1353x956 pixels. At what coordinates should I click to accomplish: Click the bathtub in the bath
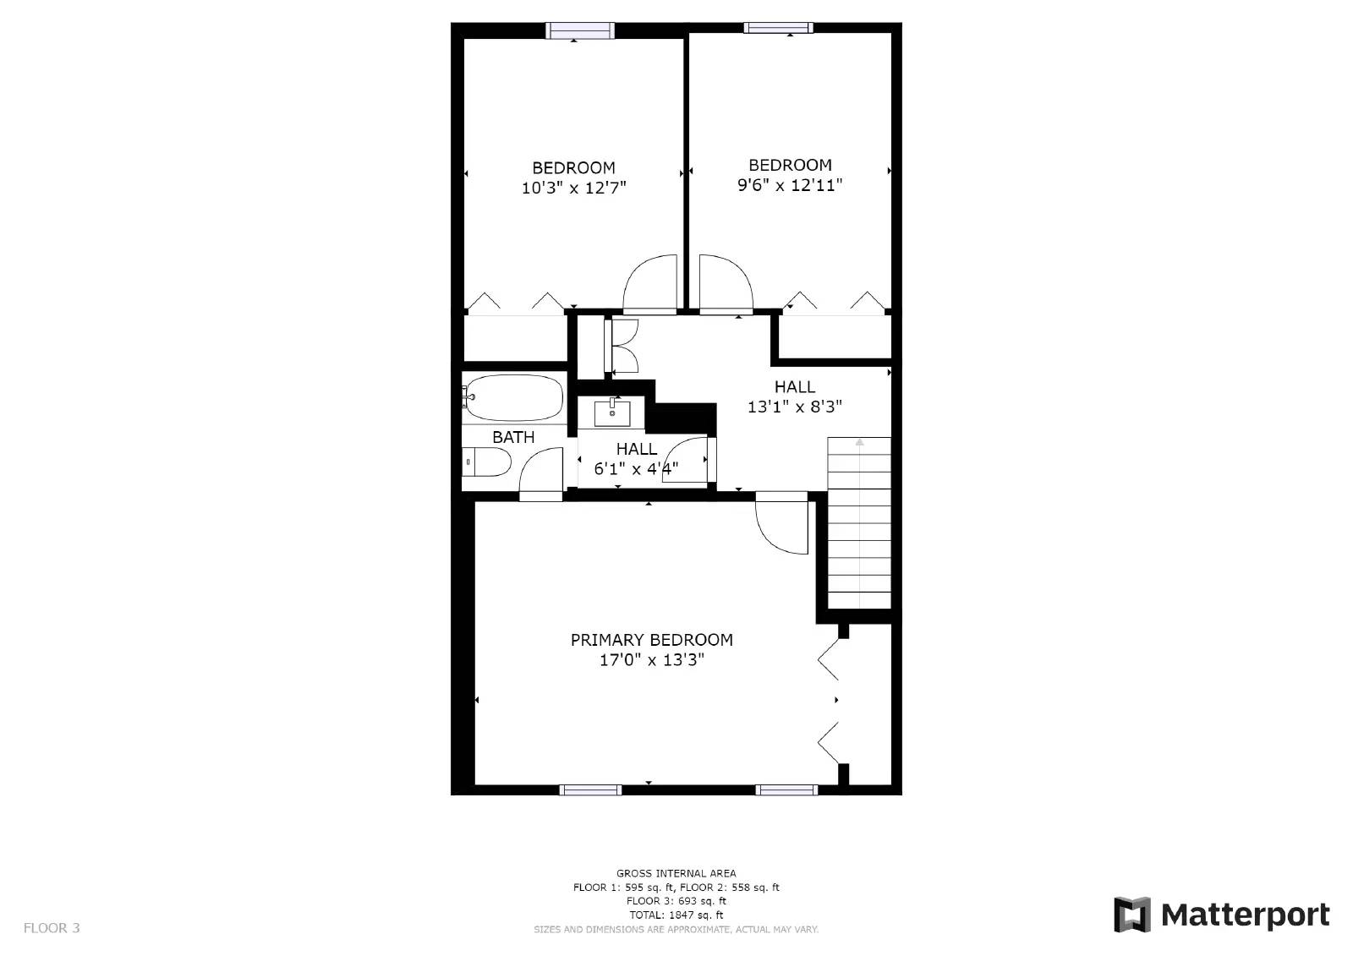513,398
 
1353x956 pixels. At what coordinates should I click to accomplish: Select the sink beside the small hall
611,413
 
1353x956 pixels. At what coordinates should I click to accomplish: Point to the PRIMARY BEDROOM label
651,640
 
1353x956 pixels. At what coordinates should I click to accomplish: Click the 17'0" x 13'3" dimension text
651,660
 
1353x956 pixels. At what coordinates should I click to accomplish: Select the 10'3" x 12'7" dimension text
573,188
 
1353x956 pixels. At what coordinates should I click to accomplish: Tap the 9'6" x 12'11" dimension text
790,185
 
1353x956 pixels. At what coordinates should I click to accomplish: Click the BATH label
513,437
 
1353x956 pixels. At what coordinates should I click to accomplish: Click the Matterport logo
1221,915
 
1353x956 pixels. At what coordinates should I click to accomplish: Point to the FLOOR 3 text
52,927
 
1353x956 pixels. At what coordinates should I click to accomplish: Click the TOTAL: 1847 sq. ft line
676,915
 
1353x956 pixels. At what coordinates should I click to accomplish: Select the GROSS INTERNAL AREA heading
676,873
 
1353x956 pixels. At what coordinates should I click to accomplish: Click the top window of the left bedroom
580,30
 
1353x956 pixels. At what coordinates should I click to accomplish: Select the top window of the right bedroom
778,28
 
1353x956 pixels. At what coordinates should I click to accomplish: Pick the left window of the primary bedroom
590,790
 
